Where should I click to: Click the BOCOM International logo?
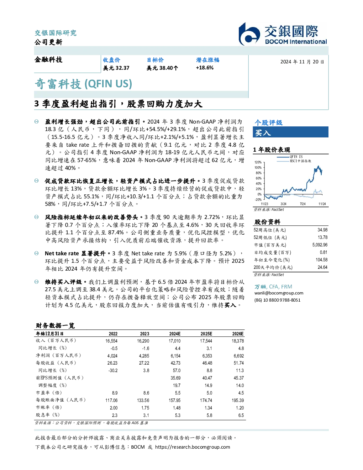283,34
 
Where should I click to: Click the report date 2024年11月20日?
302,62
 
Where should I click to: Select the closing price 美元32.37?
116,68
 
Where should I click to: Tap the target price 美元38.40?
162,68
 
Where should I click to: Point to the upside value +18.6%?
205,68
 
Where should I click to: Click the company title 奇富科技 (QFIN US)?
83,84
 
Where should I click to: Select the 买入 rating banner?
290,132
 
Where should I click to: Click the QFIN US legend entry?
290,157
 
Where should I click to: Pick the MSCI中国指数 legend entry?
294,161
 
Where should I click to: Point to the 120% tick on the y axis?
258,162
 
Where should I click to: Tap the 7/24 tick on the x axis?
303,204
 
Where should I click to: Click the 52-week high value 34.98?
322,230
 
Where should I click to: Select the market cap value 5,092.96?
320,245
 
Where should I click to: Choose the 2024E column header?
175,334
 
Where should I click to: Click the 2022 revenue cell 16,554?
111,341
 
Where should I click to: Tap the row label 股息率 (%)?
48,414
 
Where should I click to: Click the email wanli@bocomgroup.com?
279,293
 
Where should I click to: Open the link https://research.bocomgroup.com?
193,447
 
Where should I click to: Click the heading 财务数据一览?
55,325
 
